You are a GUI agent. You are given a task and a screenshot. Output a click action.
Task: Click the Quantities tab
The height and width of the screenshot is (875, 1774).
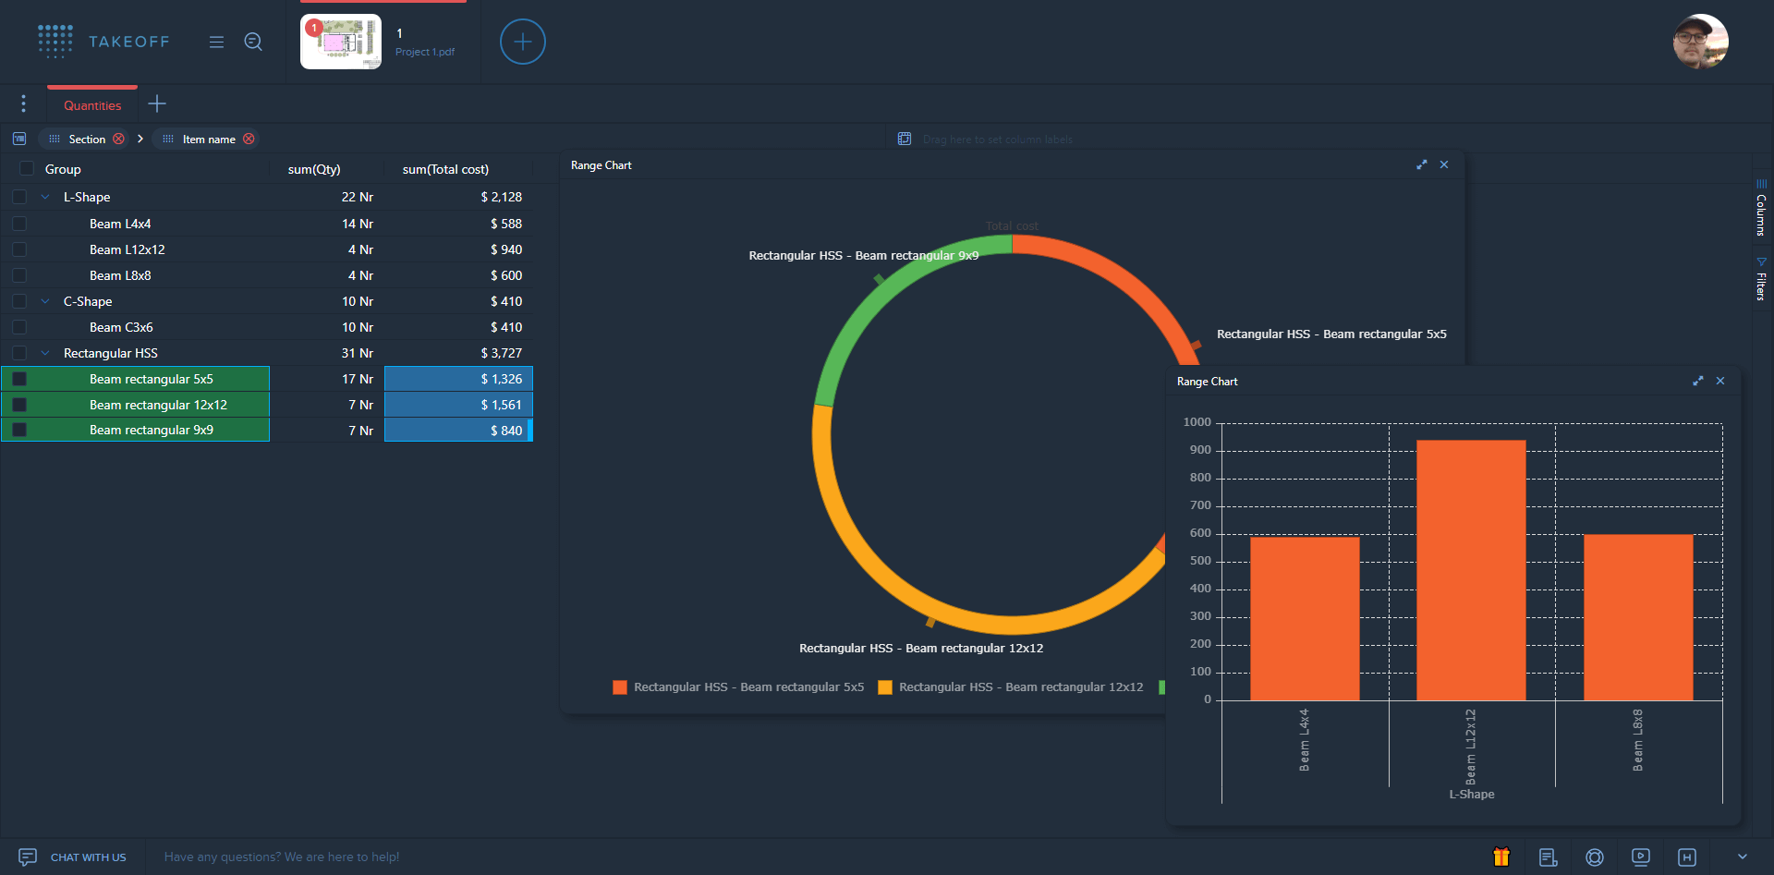click(92, 105)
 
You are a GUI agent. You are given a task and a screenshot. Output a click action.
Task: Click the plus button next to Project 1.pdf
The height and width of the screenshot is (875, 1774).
click(522, 42)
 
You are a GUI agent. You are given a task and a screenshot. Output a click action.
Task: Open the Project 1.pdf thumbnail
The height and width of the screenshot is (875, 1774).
click(340, 42)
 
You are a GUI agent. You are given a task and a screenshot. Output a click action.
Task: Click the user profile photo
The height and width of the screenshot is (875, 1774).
click(1700, 42)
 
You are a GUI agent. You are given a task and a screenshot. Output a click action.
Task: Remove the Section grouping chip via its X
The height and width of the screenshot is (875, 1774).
click(119, 139)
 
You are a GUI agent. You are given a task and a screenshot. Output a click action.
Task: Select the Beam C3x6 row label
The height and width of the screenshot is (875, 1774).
click(121, 327)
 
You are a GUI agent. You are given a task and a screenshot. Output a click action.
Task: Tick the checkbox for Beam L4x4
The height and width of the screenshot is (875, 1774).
click(19, 224)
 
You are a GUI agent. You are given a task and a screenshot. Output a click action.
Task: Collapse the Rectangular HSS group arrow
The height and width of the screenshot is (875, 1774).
click(45, 353)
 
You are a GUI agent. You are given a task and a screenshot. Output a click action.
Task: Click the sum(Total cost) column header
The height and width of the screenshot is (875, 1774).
click(445, 169)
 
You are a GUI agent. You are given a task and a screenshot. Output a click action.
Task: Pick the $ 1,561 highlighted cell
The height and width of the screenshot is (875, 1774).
click(459, 405)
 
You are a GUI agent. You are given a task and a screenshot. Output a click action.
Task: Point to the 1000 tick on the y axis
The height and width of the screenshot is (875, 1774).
click(1197, 422)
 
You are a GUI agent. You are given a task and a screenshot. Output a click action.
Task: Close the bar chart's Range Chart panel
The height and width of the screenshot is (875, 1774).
click(1720, 381)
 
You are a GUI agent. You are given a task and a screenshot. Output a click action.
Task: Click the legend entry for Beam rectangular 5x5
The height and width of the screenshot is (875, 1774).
click(738, 687)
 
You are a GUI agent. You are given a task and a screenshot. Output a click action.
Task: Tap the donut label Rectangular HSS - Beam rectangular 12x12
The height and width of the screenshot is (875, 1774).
click(920, 649)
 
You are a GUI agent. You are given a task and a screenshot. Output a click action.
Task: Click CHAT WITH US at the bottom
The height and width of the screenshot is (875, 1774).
click(88, 857)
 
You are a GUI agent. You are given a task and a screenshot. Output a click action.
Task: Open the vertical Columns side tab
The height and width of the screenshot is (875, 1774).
click(1761, 211)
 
